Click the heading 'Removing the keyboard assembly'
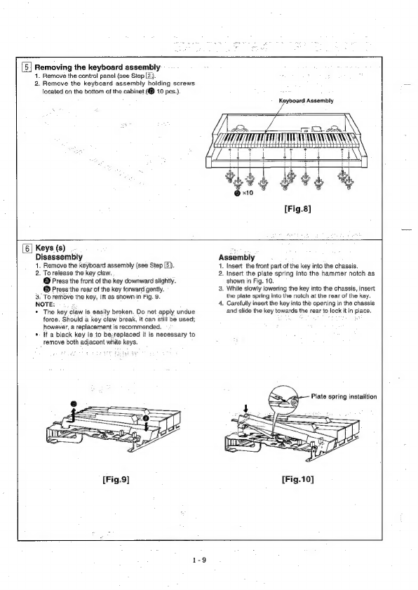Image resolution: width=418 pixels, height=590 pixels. point(97,67)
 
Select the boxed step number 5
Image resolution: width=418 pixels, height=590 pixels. point(27,68)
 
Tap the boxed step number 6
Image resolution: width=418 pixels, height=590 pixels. point(27,248)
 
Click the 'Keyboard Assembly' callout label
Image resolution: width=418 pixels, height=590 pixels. point(306,101)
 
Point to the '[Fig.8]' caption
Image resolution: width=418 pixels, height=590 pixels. point(297,208)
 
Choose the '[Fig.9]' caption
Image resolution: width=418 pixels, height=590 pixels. point(116,479)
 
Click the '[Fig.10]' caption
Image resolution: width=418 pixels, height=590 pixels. point(297,479)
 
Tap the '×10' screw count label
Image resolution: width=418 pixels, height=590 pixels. point(248,193)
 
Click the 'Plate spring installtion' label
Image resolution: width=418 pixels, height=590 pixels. point(344,396)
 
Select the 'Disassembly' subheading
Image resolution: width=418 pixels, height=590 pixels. point(59,257)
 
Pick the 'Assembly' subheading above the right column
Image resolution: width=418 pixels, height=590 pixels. point(236,257)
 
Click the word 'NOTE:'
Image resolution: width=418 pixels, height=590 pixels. point(45,304)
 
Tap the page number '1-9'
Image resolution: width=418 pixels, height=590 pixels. point(199,560)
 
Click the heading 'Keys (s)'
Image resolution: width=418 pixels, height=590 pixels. point(50,248)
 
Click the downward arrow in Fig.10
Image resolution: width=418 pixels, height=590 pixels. point(246,409)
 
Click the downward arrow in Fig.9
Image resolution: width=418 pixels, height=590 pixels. point(146,425)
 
